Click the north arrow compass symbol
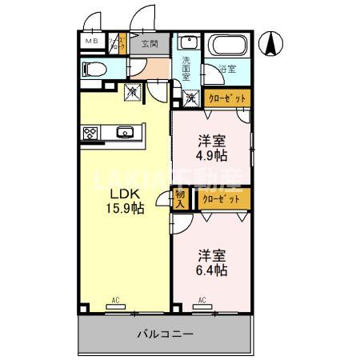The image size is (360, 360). point(273,43)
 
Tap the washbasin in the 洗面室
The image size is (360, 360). point(188,43)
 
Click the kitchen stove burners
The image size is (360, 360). point(90,133)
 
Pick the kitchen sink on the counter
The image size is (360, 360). point(125,133)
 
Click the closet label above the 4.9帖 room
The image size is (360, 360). point(227,98)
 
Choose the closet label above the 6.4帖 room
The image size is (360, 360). point(218,197)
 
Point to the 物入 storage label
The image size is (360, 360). point(180,199)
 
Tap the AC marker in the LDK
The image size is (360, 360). point(115,301)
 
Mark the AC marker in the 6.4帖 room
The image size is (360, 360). point(202,301)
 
